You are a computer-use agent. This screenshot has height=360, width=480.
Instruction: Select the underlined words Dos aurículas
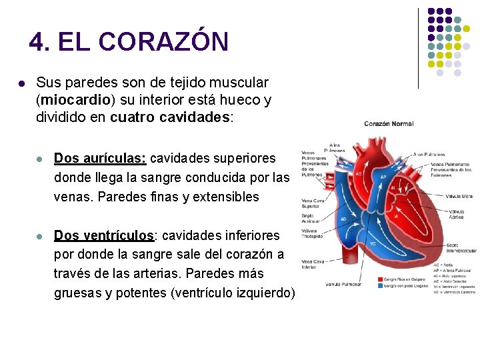coord(100,159)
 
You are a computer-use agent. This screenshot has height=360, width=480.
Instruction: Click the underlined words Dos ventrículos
coord(103,236)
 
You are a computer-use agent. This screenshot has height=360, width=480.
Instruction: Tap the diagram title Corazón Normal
coord(389,123)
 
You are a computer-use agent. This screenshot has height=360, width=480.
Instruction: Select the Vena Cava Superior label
coord(314,203)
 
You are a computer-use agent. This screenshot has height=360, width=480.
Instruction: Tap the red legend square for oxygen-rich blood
coord(380,279)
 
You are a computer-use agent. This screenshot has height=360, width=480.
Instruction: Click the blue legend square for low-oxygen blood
coord(380,285)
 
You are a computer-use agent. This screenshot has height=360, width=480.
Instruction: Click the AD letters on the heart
coord(343,219)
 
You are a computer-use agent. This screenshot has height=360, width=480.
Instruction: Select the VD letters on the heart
coord(373,244)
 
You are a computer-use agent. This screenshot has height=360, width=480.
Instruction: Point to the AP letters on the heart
coord(383,177)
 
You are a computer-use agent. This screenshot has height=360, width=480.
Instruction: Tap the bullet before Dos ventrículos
coord(40,237)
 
